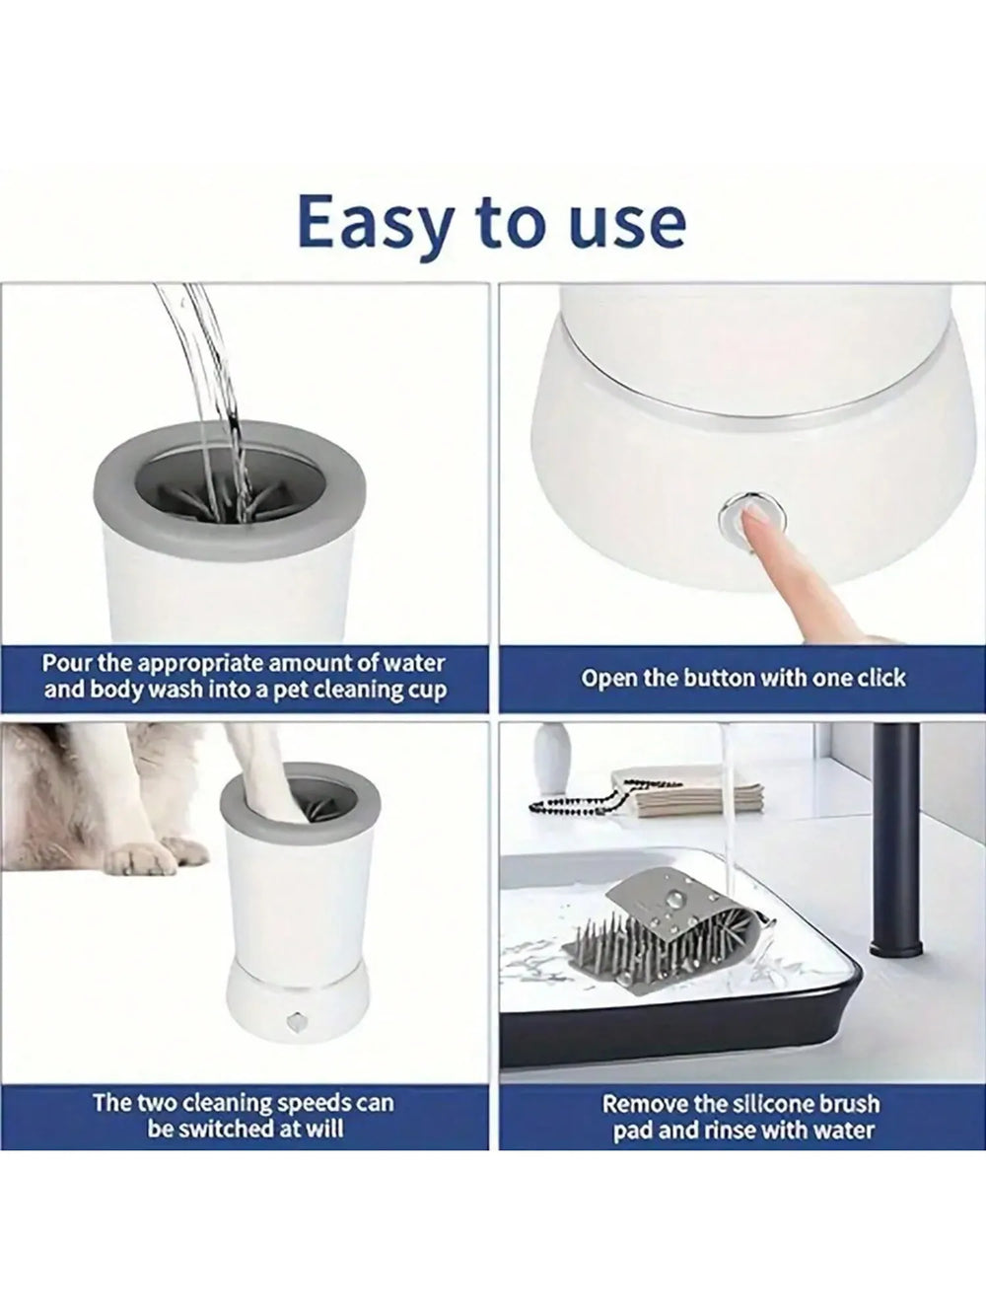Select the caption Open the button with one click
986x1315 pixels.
click(x=742, y=679)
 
